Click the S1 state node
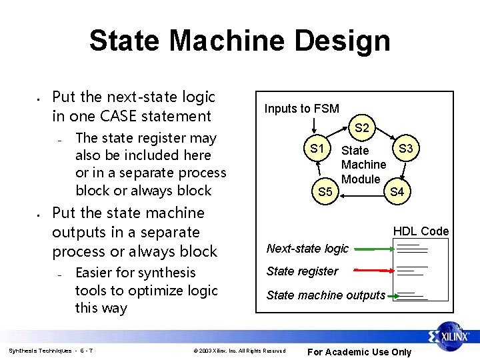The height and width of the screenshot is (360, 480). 318,147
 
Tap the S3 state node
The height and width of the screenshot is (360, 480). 405,147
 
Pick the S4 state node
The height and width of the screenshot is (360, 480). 397,192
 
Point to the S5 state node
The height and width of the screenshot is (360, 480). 325,192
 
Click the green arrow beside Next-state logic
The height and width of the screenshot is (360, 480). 373,249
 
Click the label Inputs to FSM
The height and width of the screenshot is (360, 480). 301,109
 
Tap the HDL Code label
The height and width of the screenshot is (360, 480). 421,231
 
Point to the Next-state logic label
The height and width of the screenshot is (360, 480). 307,249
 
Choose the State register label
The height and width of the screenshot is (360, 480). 302,271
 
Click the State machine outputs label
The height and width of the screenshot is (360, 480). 325,295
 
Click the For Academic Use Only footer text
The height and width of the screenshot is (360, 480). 359,352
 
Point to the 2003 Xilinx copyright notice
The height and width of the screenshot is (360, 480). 239,351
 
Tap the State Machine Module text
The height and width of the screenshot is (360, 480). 363,165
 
